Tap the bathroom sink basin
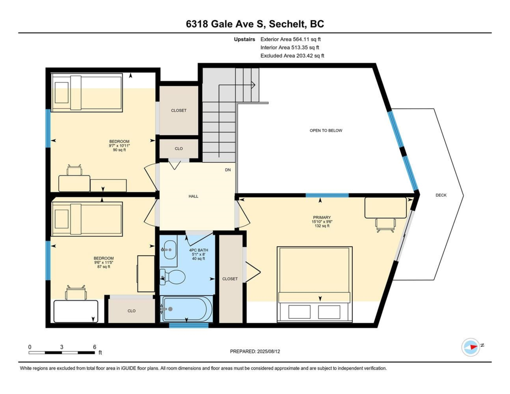[x=170, y=249]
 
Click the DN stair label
[x=228, y=170]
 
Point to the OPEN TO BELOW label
[x=326, y=130]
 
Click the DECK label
[x=441, y=195]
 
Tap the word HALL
[x=193, y=196]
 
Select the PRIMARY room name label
[x=322, y=218]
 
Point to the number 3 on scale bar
[x=62, y=347]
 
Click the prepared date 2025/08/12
[x=268, y=351]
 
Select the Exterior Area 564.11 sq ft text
[x=290, y=40]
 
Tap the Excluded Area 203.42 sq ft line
[x=292, y=56]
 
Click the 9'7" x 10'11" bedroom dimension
[x=119, y=146]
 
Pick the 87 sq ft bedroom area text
[x=104, y=266]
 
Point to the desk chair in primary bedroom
[x=385, y=224]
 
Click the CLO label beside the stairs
[x=178, y=149]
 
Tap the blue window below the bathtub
[x=189, y=326]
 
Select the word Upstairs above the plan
[x=244, y=40]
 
